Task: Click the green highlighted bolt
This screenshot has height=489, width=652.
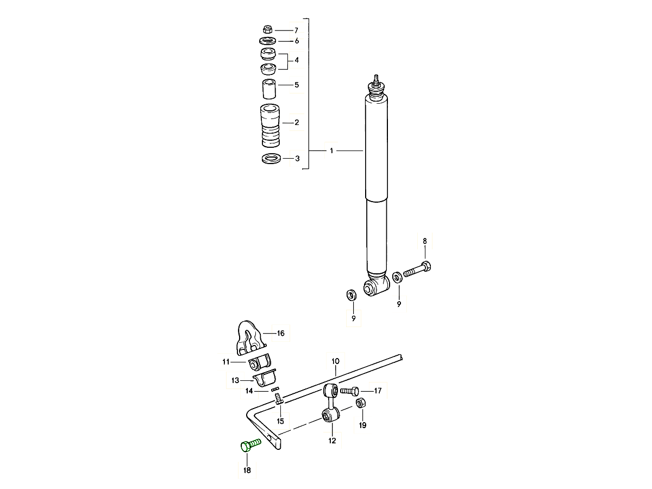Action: point(250,446)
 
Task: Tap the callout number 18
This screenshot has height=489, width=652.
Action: point(247,470)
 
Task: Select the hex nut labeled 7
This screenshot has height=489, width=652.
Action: point(268,29)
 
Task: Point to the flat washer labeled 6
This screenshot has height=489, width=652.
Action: point(268,41)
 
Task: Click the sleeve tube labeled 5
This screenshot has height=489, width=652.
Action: point(269,89)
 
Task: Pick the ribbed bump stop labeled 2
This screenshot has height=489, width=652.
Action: point(270,125)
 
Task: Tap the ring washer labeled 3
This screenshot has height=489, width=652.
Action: point(271,159)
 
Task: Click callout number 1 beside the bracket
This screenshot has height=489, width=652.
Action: point(331,151)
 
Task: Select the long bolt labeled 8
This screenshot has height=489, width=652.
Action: point(417,269)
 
